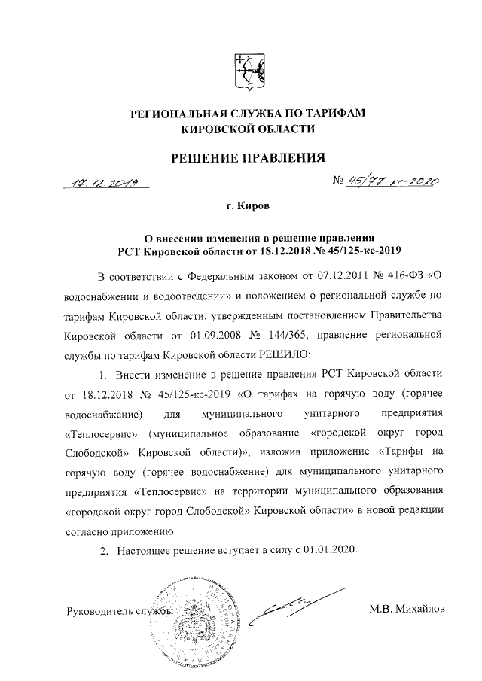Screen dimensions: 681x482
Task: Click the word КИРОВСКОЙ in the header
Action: (215, 130)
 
